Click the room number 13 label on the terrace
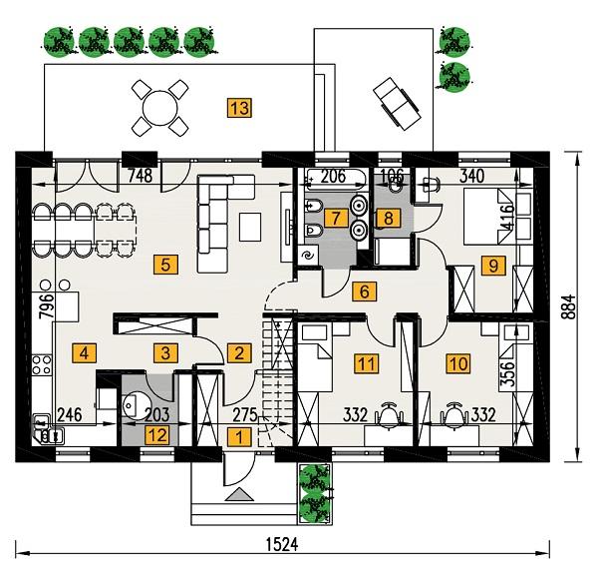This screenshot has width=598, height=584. (237, 107)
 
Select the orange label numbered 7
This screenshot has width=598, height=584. (337, 217)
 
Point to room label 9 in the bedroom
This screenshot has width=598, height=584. (489, 265)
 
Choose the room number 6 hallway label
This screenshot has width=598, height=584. (364, 292)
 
